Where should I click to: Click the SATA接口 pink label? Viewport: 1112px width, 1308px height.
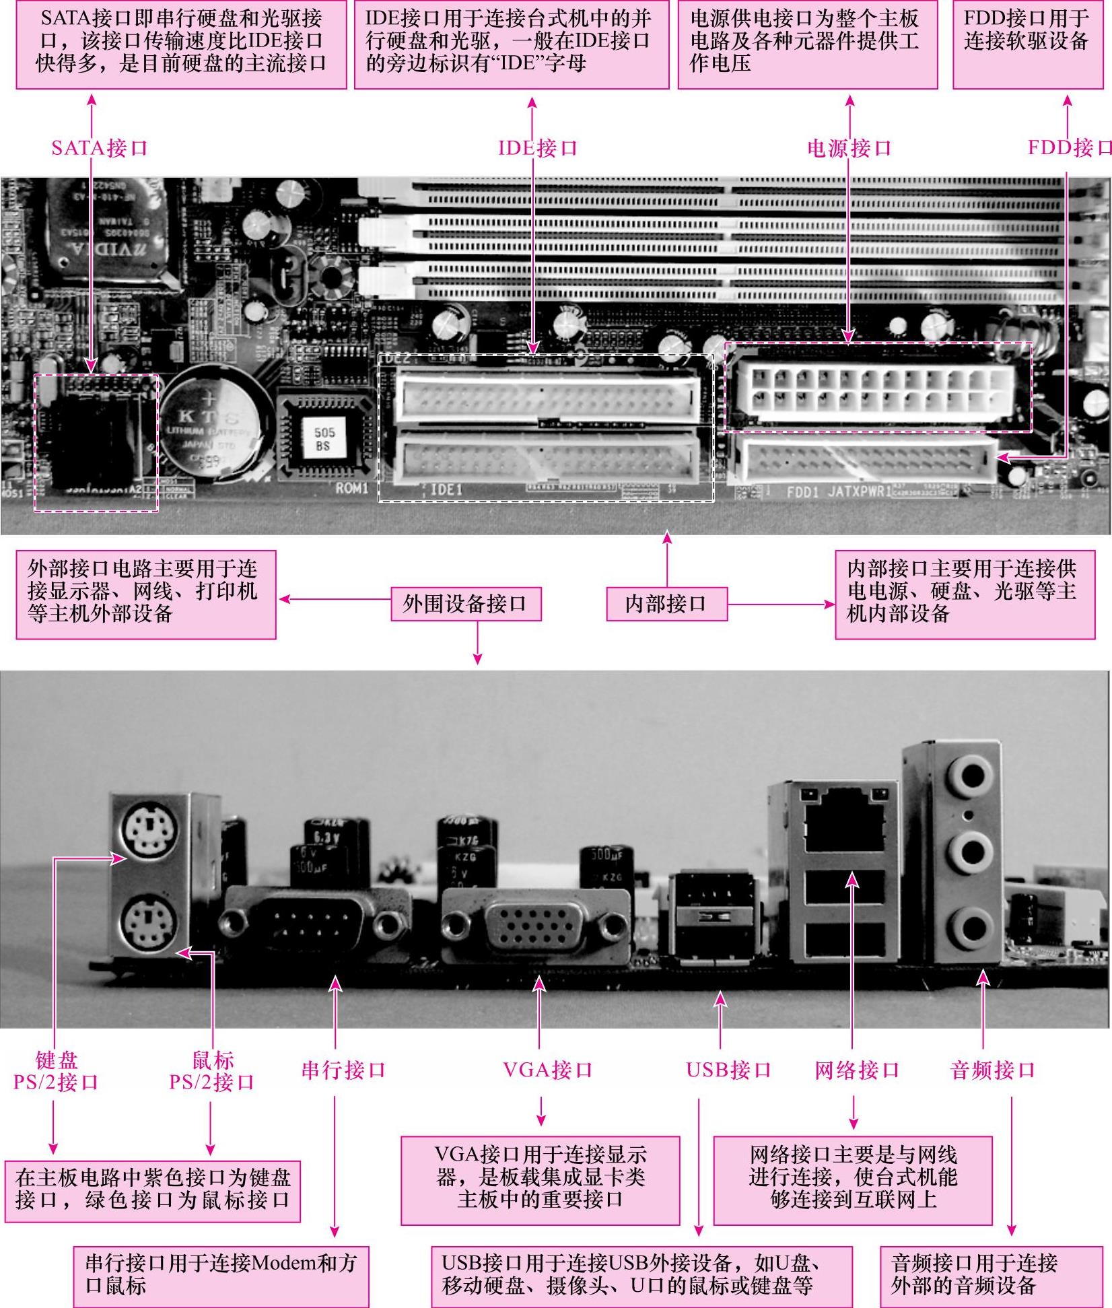pyautogui.click(x=99, y=147)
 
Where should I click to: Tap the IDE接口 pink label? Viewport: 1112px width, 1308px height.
pyautogui.click(x=537, y=147)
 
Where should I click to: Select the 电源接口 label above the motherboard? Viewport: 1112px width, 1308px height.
pyautogui.click(x=849, y=147)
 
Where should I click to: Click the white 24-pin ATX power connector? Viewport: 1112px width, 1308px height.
pyautogui.click(x=876, y=389)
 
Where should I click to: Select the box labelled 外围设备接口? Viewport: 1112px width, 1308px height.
pyautogui.click(x=466, y=603)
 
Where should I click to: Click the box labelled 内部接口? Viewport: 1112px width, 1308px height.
pyautogui.click(x=666, y=603)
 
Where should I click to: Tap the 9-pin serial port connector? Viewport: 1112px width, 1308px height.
pyautogui.click(x=316, y=924)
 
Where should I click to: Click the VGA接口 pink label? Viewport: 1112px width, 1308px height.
pyautogui.click(x=547, y=1070)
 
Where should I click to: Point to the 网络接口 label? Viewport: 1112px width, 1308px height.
pyautogui.click(x=856, y=1070)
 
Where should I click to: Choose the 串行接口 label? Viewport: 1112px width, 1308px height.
pyautogui.click(x=343, y=1070)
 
